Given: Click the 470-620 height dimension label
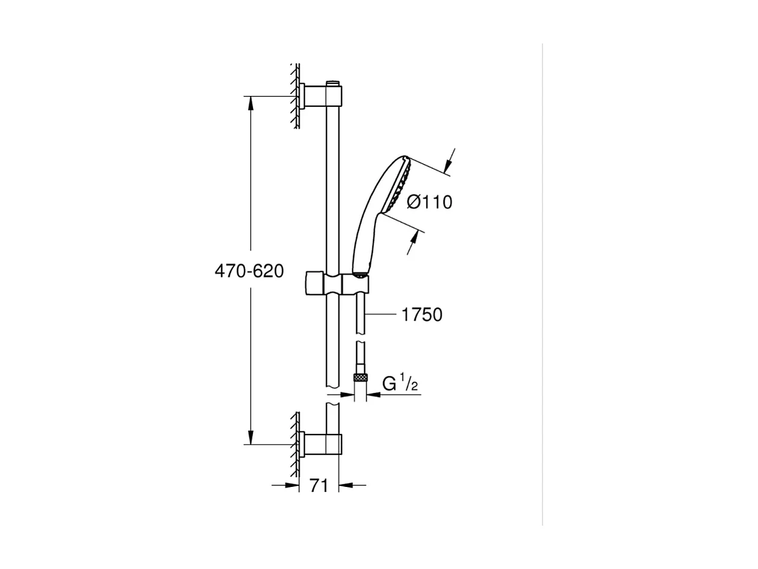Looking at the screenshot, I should click(x=249, y=272).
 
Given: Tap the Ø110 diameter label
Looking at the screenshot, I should click(x=430, y=202).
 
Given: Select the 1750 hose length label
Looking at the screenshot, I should click(x=422, y=314).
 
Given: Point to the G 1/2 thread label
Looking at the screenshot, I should click(x=400, y=383).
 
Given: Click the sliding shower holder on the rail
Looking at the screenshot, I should click(x=334, y=283).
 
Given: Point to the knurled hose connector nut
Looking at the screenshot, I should click(x=360, y=378).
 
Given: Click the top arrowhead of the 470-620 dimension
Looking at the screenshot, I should click(x=251, y=104).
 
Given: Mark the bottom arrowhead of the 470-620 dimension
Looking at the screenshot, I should click(x=251, y=437).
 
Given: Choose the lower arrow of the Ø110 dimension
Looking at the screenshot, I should click(x=413, y=241).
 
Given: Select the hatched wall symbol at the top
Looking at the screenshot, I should click(x=295, y=97).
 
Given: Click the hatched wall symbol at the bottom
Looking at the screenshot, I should click(x=295, y=444).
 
